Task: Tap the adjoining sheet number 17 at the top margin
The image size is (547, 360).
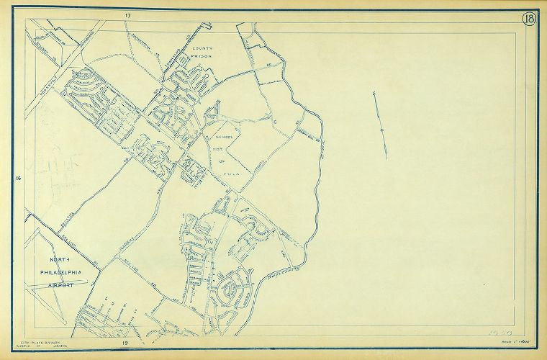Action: [127, 15]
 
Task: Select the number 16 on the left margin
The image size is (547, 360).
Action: [18, 177]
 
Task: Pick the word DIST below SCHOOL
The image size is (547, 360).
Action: [220, 151]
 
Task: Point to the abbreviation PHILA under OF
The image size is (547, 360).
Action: [230, 174]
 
